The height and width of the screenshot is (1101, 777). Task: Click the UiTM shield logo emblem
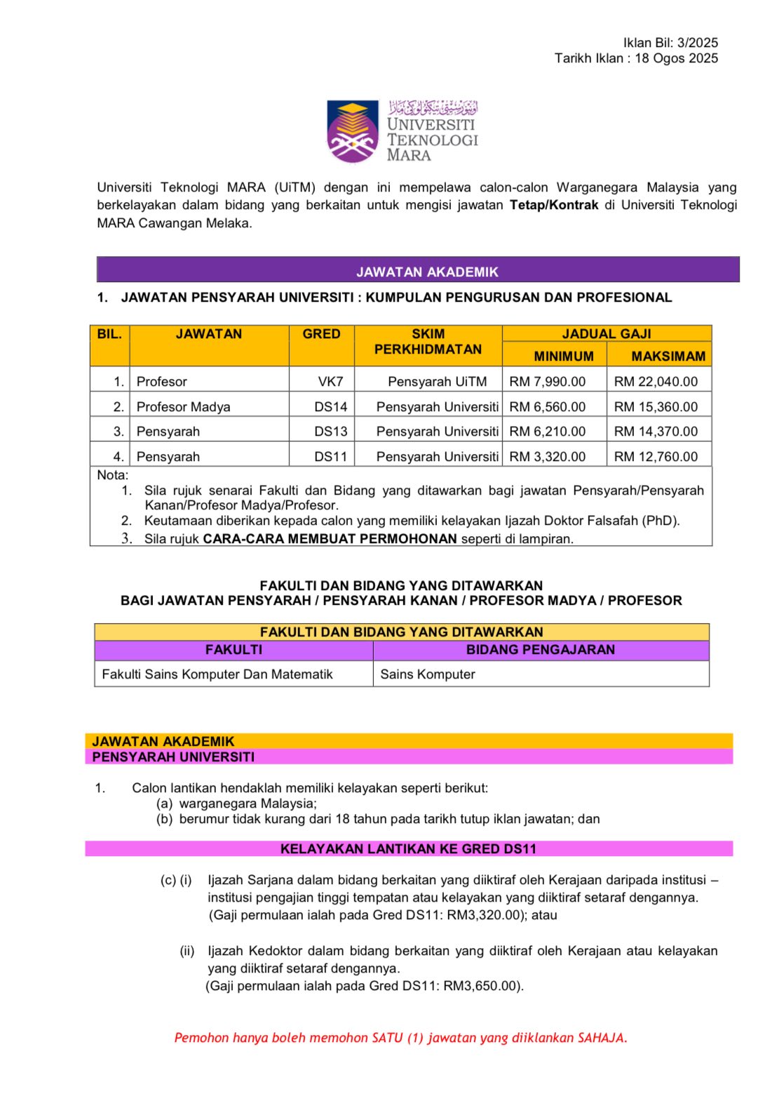pos(353,131)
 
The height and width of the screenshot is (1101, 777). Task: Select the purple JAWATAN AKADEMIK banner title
pos(427,272)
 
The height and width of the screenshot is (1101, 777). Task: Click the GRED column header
pos(321,334)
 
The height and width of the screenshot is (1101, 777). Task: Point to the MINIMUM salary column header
pos(563,356)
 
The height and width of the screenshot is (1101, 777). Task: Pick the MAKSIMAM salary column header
pos(668,356)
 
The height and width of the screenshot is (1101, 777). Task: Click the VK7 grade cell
pos(330,382)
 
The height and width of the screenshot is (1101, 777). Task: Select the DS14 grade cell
pos(330,407)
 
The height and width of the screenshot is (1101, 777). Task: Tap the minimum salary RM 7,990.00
pos(547,382)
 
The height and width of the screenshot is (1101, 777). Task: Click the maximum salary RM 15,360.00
pos(656,407)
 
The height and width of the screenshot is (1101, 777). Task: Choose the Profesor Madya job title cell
pos(183,407)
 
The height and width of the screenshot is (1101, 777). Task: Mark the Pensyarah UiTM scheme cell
pos(437,382)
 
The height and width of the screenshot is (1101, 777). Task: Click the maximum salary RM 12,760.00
pos(656,457)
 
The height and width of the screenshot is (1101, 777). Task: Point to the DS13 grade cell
pos(330,432)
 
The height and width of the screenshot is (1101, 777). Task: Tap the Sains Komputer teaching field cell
pos(428,674)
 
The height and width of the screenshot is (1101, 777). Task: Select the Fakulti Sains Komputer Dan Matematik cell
pos(217,674)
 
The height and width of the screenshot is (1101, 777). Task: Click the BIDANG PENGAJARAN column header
pos(540,650)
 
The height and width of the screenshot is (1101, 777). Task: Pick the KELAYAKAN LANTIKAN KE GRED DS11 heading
pos(408,848)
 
